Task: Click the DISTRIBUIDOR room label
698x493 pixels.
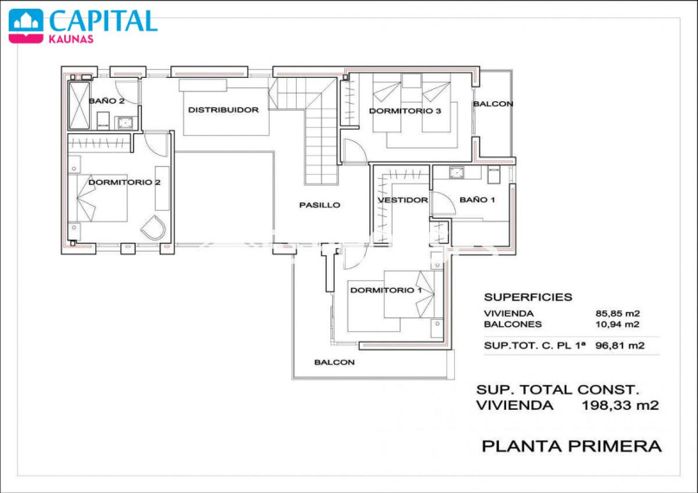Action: pos(223,110)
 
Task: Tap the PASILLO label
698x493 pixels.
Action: pos(320,205)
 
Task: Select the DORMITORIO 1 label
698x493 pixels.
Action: pos(386,291)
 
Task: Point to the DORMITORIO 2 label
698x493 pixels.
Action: pos(125,182)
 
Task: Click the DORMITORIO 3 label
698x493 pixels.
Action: pos(405,111)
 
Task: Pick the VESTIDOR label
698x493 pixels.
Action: pos(403,200)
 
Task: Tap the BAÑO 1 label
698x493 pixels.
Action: pos(477,200)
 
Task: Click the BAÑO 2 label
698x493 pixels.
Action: pos(106,100)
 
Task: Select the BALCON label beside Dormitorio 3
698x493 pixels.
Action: pos(493,104)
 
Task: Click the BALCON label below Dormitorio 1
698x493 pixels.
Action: pos(335,362)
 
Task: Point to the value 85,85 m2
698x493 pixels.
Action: pos(618,314)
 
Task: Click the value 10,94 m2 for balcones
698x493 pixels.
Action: pos(618,324)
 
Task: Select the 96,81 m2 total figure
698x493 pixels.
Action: pos(619,345)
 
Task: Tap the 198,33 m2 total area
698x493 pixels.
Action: pos(620,406)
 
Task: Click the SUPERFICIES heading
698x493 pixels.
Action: pos(528,298)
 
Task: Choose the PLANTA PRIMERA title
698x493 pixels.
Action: pos(572,445)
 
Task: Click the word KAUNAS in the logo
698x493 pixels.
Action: pos(71,39)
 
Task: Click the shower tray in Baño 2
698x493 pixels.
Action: pos(80,106)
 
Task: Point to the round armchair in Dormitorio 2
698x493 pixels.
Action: pos(154,227)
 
